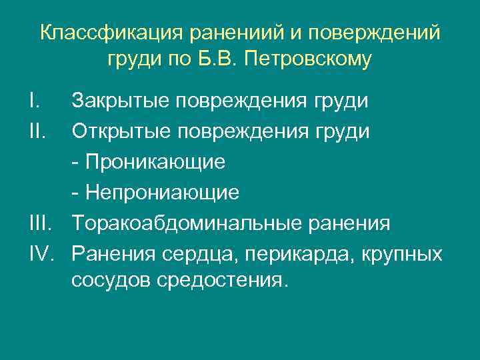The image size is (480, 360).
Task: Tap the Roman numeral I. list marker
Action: pos(36,101)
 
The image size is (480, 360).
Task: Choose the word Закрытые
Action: pos(121,101)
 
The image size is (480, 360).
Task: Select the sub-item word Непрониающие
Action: pos(160,193)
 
